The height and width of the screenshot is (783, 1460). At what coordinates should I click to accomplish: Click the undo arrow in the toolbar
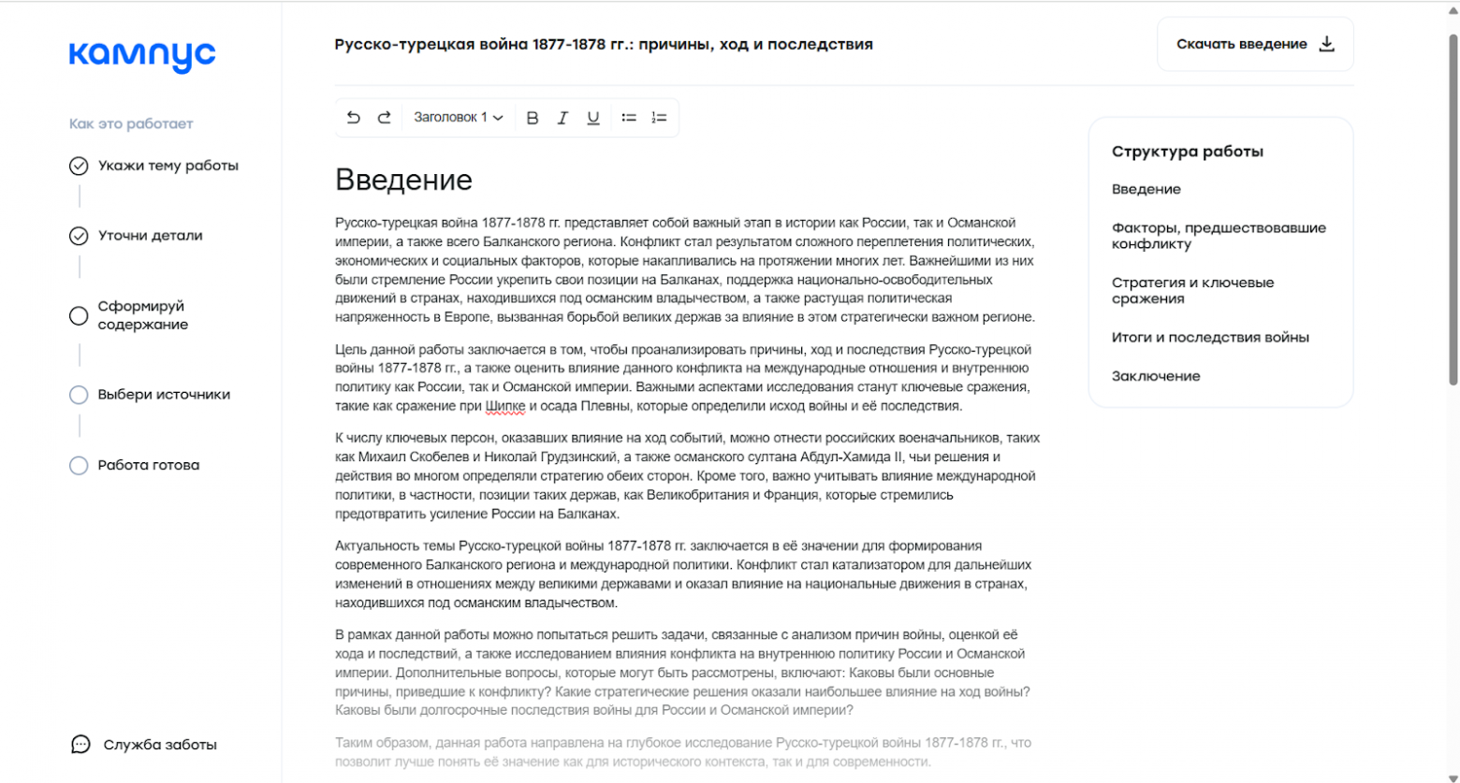point(353,118)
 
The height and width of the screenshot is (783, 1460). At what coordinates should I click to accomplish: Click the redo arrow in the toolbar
point(384,118)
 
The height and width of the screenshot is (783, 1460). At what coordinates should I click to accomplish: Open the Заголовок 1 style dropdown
point(459,118)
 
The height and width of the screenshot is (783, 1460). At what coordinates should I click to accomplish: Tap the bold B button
point(533,118)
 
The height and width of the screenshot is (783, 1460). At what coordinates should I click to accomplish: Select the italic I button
point(562,118)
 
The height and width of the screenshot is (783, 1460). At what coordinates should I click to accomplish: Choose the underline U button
point(593,118)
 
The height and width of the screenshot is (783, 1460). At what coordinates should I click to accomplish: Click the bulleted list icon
point(629,118)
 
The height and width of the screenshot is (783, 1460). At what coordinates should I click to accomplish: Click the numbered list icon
point(659,118)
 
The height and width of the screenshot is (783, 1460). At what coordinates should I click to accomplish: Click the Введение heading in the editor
point(403,180)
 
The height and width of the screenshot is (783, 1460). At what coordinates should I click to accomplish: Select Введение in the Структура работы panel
point(1146,189)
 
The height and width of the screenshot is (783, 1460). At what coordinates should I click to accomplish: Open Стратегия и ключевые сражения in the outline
point(1192,291)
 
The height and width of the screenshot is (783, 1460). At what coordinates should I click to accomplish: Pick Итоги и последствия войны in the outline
point(1210,338)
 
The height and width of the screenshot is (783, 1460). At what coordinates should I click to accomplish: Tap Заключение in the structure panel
point(1156,376)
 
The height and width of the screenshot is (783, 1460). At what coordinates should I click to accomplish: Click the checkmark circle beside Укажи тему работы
point(79,167)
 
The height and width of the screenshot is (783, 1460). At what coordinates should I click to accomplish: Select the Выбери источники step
point(164,395)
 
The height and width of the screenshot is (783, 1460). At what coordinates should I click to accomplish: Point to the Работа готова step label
point(149,465)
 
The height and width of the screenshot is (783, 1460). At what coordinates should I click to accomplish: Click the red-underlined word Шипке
point(505,406)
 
